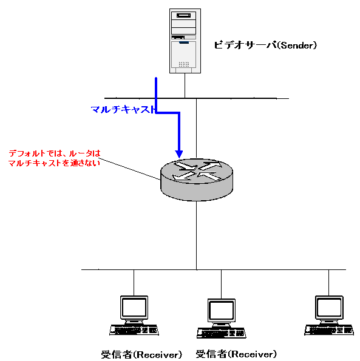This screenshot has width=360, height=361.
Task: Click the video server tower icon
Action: pos(185,41)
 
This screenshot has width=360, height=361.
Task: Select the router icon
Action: pos(197,180)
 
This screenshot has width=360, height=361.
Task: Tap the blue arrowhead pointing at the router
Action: pos(179,154)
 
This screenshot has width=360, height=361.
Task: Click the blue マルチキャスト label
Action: pos(123,109)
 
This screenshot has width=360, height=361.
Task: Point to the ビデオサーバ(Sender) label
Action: pos(265,45)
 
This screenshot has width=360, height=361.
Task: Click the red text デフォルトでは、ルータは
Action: pos(55,154)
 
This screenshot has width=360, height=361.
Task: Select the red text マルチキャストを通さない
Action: pos(54,163)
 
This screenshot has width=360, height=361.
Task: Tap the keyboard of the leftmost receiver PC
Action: pos(134,330)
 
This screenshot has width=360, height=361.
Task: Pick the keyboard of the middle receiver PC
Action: pos(222,333)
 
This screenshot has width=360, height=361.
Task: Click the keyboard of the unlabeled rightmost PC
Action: pos(329,330)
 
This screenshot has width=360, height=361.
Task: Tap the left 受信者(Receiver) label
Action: pos(141,354)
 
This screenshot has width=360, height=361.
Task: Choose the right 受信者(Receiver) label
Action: pos(236,354)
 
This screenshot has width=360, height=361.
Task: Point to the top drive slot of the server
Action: pos(183,15)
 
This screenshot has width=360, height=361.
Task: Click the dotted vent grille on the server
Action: pos(184,64)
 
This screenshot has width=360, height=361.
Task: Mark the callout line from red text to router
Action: pos(130,169)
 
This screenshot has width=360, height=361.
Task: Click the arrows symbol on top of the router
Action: pos(197,171)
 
